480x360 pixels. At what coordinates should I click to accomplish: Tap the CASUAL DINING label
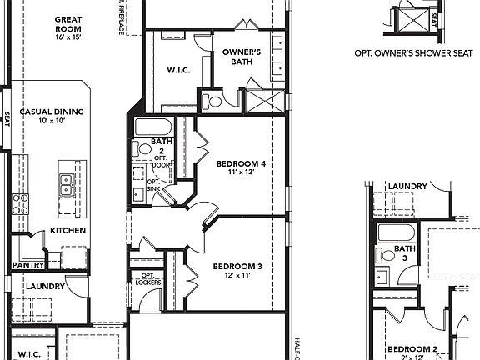pyautogui.click(x=53, y=111)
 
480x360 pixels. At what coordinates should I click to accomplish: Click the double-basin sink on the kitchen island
pyautogui.click(x=66, y=183)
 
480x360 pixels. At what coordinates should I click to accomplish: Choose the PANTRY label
pyautogui.click(x=27, y=266)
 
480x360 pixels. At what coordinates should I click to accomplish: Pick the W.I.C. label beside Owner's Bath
pyautogui.click(x=179, y=70)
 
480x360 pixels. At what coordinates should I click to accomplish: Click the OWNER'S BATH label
pyautogui.click(x=242, y=57)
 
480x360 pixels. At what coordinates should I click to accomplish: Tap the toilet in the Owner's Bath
pyautogui.click(x=213, y=102)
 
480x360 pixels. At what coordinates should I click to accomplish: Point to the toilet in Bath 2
pyautogui.click(x=137, y=149)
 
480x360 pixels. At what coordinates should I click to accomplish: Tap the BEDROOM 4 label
pyautogui.click(x=241, y=164)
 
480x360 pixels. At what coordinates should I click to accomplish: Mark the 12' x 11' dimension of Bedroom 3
pyautogui.click(x=237, y=275)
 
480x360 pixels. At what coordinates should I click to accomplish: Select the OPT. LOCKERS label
pyautogui.click(x=150, y=279)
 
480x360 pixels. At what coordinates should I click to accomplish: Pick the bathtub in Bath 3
pyautogui.click(x=395, y=232)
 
